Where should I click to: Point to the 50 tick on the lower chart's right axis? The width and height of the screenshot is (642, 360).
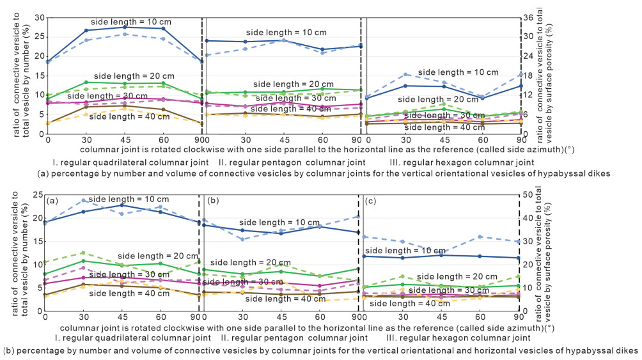[529, 194]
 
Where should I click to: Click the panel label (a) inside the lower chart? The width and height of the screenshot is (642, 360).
[53, 201]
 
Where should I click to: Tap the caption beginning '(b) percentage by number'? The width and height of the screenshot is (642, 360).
[320, 350]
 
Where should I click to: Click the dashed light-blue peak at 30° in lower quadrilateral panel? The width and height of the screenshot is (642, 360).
[84, 200]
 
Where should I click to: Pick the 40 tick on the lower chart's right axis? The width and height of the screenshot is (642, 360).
[529, 218]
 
